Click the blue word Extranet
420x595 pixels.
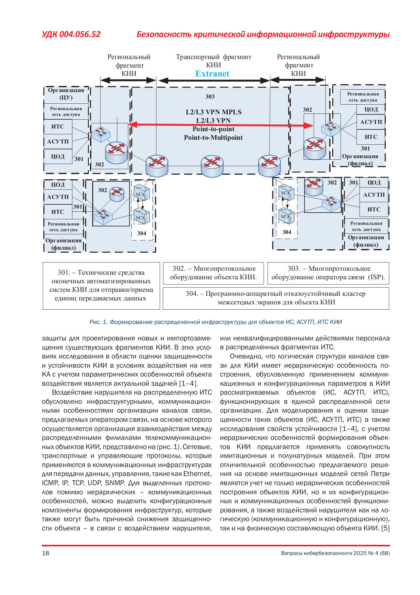pos(212,74)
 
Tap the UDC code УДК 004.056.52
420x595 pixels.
pos(71,34)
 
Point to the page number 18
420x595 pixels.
pos(46,553)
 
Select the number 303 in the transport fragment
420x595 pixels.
pos(210,97)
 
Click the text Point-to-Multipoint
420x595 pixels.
pos(213,138)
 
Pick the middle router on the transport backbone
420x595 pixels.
pos(212,165)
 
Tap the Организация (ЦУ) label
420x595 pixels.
pos(66,94)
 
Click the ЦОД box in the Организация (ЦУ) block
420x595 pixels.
pos(58,157)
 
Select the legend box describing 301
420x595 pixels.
pos(101,285)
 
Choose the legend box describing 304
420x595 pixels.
pos(276,298)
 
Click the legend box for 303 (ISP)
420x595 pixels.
pos(328,273)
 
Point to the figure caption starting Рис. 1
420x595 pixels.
pos(216,322)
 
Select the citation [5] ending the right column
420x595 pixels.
pos(385,528)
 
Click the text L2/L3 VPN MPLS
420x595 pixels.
pos(214,112)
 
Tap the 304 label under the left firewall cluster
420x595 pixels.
pos(141,233)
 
